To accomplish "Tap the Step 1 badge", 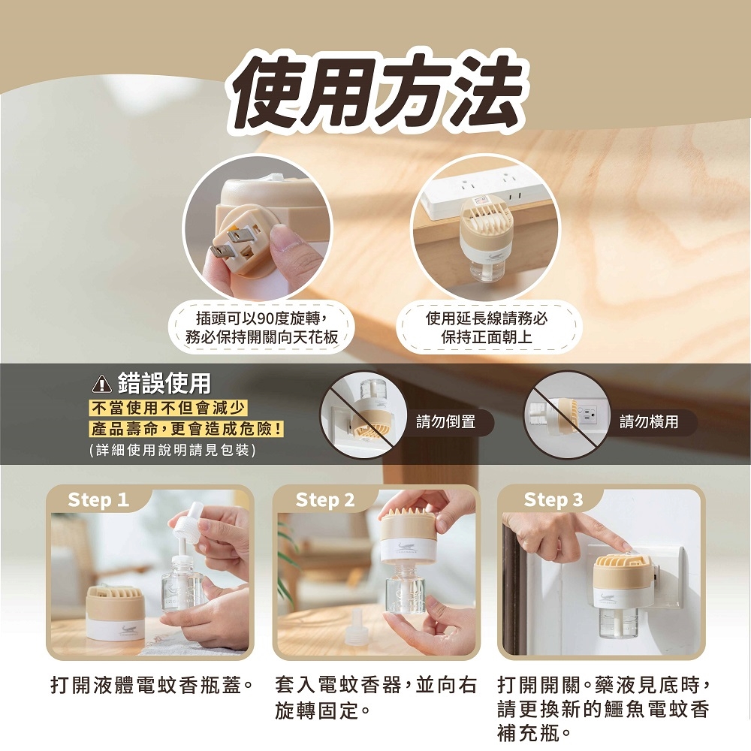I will tap(98, 500).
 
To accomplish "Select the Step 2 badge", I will tap(325, 500).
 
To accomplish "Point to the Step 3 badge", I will tap(553, 500).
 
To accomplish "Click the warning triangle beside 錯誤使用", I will tap(101, 385).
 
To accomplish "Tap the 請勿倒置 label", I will tap(445, 422).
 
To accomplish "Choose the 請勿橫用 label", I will tap(649, 422).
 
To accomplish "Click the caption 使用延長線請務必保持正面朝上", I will tap(487, 328).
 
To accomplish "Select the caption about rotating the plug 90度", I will tap(261, 328).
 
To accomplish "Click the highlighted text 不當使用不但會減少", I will tap(168, 409).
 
